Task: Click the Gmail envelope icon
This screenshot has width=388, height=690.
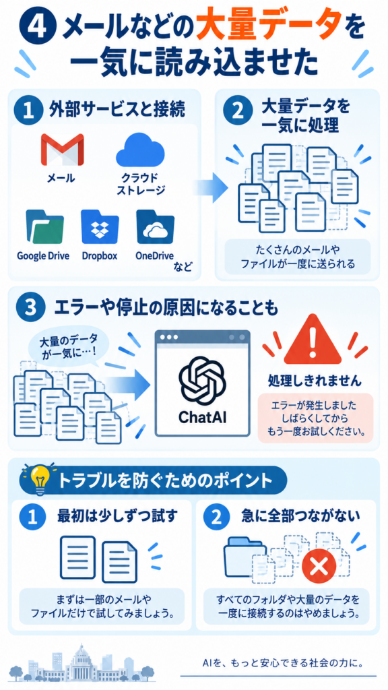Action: (62, 150)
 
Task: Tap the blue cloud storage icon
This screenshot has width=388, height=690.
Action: (140, 149)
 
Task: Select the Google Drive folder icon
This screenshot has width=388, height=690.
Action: (44, 226)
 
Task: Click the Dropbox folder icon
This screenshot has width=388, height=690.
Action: (100, 226)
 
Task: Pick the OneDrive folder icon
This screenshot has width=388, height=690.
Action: (156, 226)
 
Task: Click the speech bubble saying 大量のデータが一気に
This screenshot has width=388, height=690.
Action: (68, 347)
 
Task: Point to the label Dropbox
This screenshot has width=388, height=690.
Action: (100, 255)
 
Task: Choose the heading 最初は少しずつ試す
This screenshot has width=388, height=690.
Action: (117, 516)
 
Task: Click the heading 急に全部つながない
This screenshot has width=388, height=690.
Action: (300, 516)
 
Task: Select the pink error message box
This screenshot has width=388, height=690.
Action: (315, 418)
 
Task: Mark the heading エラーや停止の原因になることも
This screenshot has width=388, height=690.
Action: (166, 309)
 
